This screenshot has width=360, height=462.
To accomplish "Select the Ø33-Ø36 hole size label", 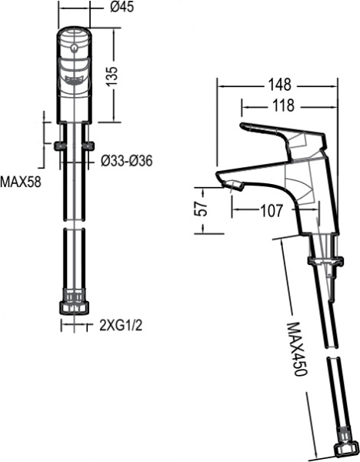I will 128,161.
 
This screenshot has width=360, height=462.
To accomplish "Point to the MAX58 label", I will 20,182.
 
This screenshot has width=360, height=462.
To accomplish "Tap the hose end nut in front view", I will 75,301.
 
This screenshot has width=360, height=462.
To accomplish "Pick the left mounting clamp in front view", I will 59,144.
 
